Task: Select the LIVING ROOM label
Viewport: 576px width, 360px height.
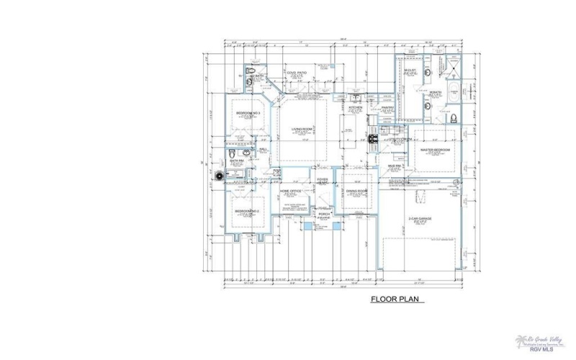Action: (x=301, y=130)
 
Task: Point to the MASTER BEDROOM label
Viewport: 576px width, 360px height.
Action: (x=435, y=150)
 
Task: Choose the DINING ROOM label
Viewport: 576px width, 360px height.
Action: (x=356, y=191)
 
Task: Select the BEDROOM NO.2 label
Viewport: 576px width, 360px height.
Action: (x=247, y=210)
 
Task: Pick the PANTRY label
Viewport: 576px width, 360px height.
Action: (x=387, y=108)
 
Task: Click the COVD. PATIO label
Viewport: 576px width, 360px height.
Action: (x=297, y=73)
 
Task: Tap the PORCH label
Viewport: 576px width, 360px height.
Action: (x=323, y=214)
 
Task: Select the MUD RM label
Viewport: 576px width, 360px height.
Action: (x=394, y=165)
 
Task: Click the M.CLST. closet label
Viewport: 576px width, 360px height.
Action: (x=411, y=70)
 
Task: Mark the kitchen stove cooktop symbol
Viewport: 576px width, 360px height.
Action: (x=373, y=139)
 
